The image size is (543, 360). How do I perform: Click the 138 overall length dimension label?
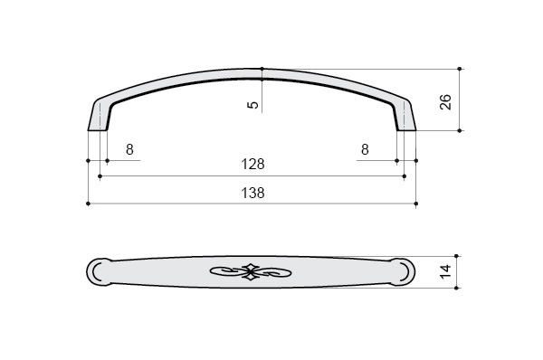coord(252,193)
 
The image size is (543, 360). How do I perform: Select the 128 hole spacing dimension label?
coord(252,164)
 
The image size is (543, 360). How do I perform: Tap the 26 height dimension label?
coord(445,102)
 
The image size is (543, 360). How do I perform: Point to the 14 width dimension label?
coord(445,271)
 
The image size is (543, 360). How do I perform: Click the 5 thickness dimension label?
coord(253,105)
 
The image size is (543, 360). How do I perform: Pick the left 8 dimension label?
coord(129,149)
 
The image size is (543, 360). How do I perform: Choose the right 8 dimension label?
coord(365,149)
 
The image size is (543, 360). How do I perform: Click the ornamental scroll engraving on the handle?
coord(251,271)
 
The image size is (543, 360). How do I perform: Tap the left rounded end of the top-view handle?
coord(98,271)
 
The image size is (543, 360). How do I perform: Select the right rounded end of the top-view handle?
coord(403,271)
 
